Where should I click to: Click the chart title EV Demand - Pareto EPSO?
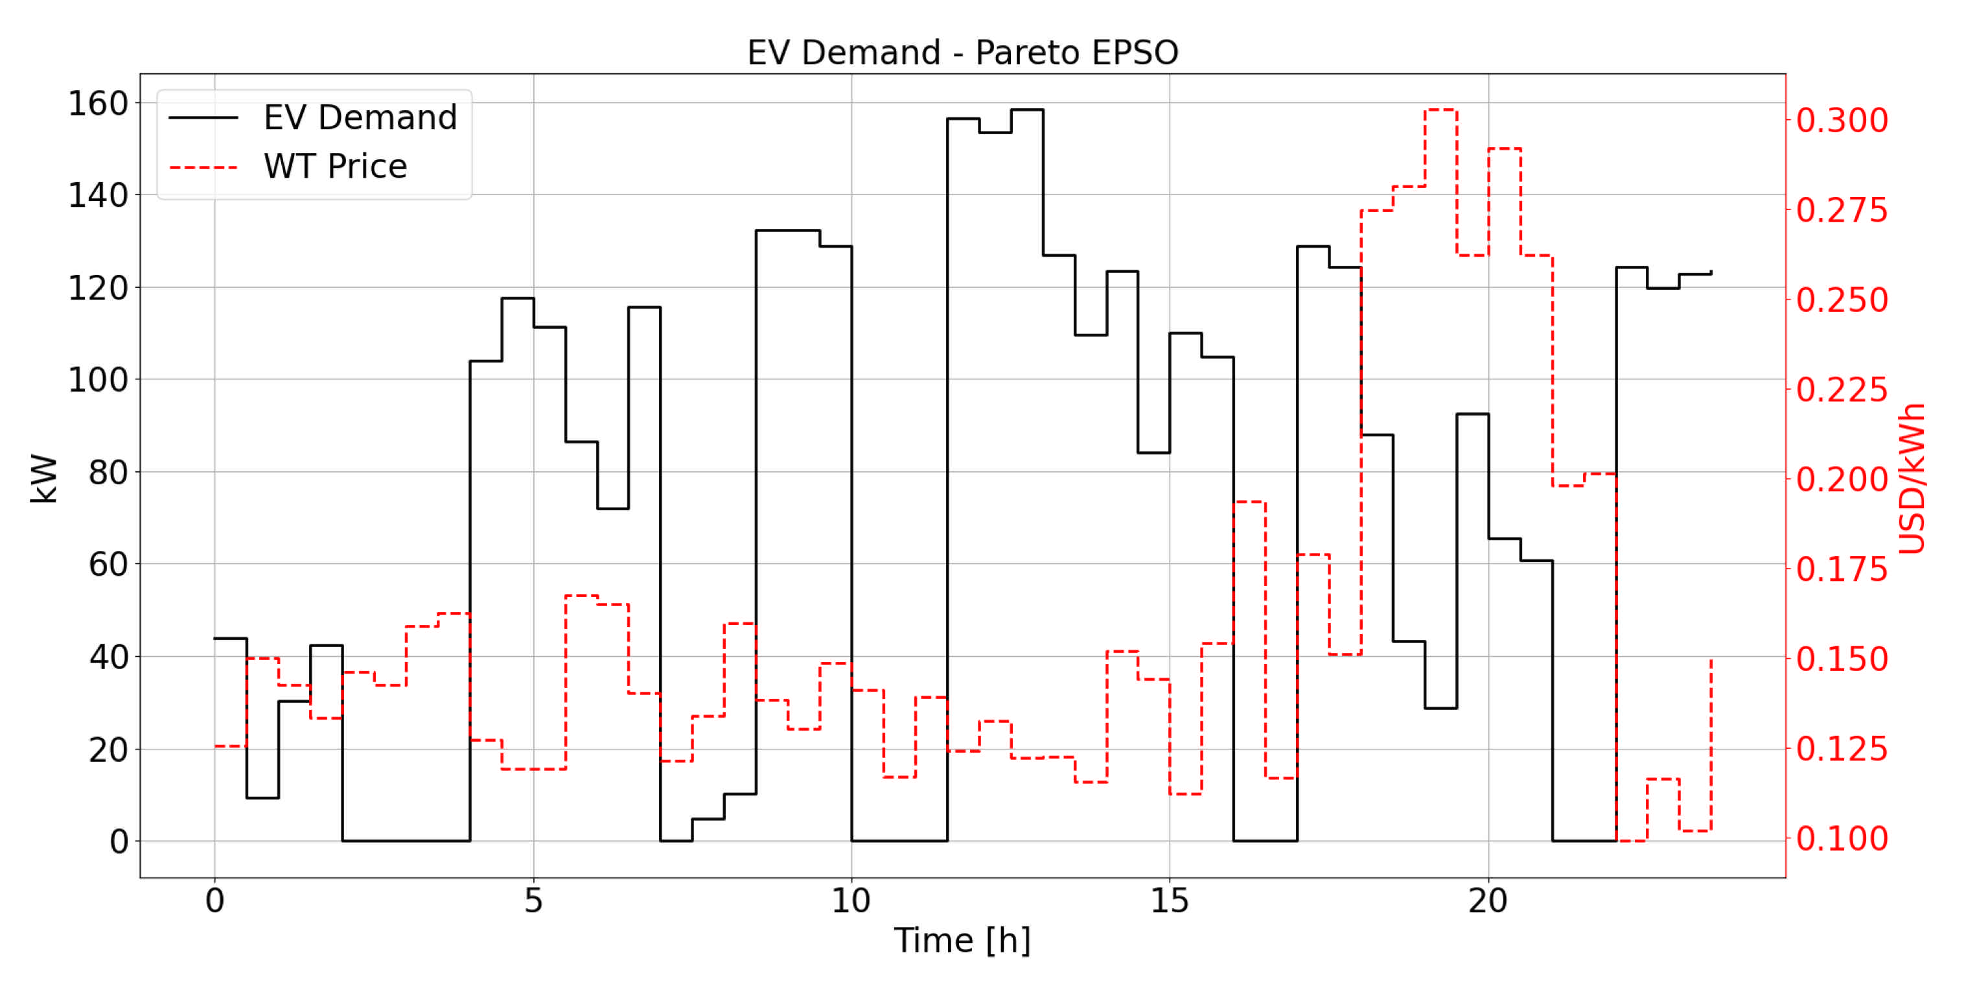[962, 53]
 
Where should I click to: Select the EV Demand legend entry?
[360, 117]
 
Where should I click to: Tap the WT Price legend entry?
[335, 167]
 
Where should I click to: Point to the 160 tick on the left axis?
[98, 103]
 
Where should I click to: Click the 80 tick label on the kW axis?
[108, 473]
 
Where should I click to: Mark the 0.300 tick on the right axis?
[1842, 120]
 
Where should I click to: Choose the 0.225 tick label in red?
[1842, 390]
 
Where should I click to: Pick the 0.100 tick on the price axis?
[1842, 838]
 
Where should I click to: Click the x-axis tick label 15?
[1169, 902]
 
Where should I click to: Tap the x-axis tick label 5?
[533, 902]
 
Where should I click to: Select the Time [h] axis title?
[962, 940]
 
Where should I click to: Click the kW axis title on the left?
[44, 478]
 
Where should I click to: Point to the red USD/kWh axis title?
[1911, 478]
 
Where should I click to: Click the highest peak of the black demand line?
[1026, 110]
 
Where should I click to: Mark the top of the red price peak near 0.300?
[1440, 110]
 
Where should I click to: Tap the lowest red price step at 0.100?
[1631, 841]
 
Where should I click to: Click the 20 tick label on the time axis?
[1488, 902]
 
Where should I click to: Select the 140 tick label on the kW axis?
[98, 196]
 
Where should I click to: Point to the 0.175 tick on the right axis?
[1842, 570]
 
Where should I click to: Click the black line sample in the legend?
[203, 117]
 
